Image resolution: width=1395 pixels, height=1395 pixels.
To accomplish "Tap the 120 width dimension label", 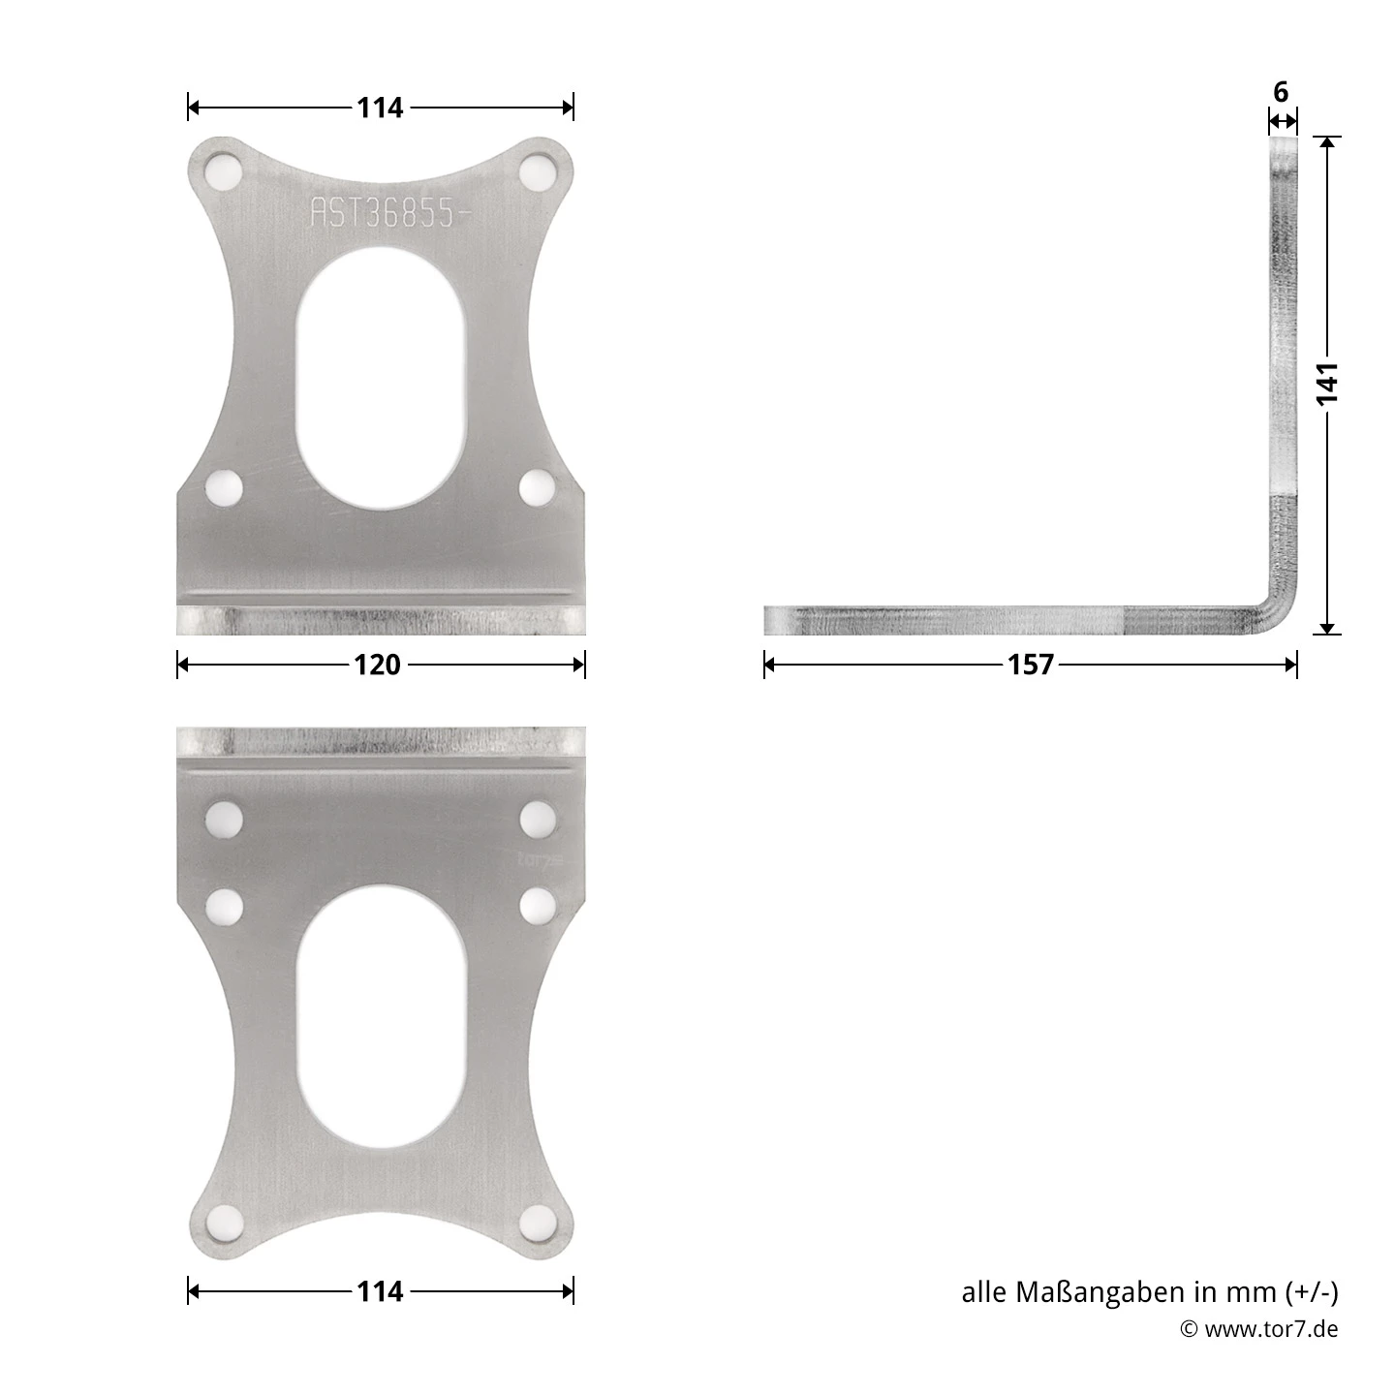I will [378, 665].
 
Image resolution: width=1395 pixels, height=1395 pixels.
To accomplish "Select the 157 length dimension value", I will [1030, 665].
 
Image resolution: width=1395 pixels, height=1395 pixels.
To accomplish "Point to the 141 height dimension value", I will [1327, 383].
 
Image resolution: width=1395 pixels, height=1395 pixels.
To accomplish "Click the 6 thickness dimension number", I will [1281, 93].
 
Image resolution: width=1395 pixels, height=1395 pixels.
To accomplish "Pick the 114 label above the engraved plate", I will [380, 108].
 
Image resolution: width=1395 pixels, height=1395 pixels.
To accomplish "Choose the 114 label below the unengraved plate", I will [380, 1291].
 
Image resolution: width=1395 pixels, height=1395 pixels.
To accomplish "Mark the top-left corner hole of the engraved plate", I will [224, 174].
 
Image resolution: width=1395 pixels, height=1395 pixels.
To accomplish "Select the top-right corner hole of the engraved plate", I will [538, 174].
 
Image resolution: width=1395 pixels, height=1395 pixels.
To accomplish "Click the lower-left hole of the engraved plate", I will [224, 487].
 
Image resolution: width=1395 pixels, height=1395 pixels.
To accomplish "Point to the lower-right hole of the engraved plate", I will [538, 487].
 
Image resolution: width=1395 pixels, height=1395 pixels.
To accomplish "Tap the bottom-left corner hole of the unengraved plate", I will [224, 1223].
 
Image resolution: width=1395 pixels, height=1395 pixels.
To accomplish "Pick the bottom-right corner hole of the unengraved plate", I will [538, 1223].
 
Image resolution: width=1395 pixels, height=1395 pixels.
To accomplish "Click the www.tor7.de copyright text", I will [1270, 1329].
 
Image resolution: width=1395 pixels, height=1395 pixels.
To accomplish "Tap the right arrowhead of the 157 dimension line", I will [1291, 665].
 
